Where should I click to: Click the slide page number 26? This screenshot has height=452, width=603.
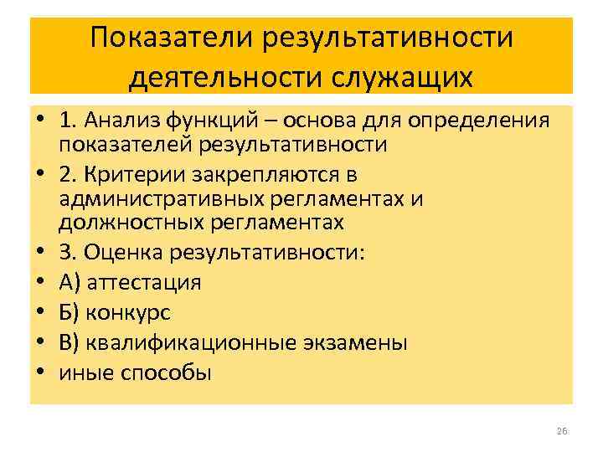coord(562,431)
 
